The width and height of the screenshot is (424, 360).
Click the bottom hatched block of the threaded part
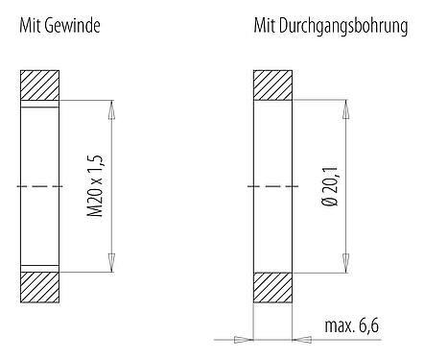(40, 285)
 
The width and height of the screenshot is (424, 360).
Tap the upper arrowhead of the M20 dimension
(114, 108)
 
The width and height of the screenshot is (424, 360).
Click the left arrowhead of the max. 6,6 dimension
(244, 338)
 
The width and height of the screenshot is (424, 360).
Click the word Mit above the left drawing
(32, 26)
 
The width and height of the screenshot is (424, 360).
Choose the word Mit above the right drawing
(266, 26)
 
